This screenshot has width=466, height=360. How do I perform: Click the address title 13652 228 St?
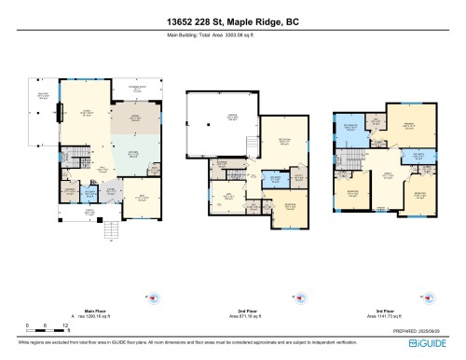[x=232, y=21]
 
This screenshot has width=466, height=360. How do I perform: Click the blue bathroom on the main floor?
[x=89, y=193]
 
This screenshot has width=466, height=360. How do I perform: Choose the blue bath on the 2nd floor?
[x=276, y=177]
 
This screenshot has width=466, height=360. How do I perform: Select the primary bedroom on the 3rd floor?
[x=409, y=127]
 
